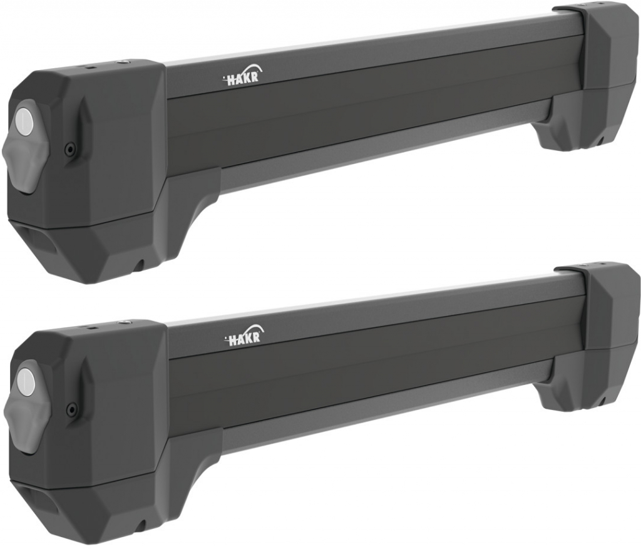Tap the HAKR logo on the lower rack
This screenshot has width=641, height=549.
point(245,336)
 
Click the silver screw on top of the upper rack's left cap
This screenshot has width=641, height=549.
point(121,62)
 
